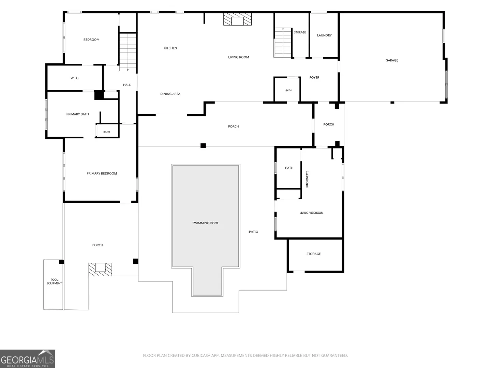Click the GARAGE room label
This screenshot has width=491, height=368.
392,60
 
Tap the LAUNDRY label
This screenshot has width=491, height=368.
324,35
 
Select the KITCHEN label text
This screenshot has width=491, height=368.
170,48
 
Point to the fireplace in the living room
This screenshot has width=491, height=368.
237,19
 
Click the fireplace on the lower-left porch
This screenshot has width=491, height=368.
100,269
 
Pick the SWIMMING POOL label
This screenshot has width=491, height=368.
205,223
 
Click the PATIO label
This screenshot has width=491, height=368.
253,232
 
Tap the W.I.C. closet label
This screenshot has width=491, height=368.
75,78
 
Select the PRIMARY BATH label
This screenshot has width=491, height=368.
77,114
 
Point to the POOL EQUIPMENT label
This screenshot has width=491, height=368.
54,281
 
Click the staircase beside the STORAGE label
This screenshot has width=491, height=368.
283,43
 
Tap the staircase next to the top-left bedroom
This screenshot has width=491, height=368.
128,52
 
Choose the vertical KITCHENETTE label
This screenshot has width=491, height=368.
307,179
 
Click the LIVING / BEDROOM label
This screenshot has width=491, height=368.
311,213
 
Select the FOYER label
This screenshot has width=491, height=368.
314,78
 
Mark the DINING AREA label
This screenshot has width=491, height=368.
170,94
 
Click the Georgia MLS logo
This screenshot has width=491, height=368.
28,358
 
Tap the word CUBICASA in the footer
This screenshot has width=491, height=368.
200,355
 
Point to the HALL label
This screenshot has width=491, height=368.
127,85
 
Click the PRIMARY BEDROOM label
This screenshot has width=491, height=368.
102,173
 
